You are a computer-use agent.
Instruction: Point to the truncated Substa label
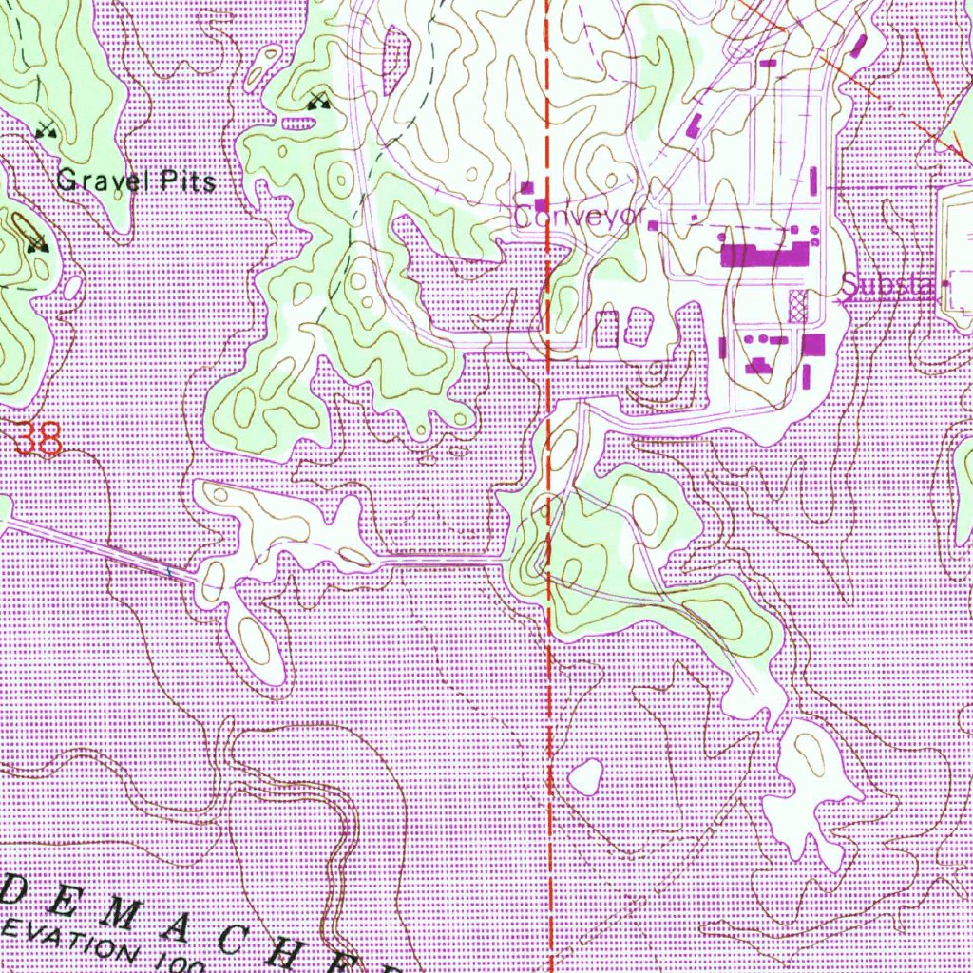888,284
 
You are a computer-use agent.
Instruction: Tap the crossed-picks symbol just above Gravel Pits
44,130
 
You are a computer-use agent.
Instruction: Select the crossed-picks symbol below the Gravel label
37,244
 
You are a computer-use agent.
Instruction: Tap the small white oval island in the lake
584,777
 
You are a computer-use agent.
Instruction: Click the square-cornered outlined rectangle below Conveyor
605,328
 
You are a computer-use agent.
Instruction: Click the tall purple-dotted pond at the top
394,59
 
